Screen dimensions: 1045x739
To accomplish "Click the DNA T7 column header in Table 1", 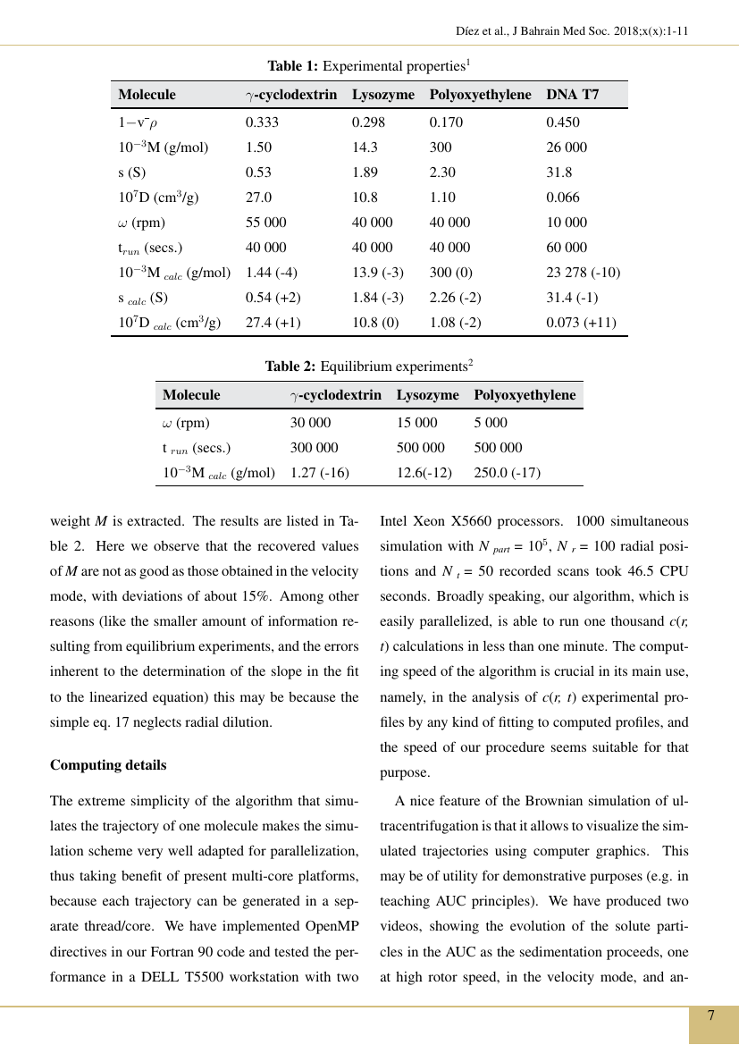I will (x=572, y=95).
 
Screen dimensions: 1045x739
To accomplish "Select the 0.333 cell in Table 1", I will (x=262, y=122).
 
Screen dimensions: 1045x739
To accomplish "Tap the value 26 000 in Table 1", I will (x=567, y=147).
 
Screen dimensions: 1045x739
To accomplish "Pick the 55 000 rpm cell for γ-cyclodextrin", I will (x=266, y=223).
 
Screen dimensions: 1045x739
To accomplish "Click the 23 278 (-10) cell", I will (x=583, y=273).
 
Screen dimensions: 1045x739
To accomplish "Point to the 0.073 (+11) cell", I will (x=581, y=323).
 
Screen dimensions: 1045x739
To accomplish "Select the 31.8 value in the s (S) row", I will (x=559, y=173).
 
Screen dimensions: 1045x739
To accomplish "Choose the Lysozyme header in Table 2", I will (x=427, y=395).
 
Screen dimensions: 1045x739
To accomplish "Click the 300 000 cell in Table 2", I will (x=315, y=448).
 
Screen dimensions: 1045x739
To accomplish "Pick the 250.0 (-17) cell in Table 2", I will (x=507, y=473).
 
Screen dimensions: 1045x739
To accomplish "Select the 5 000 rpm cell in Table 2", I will (x=491, y=423).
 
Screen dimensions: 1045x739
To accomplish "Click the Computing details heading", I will (x=108, y=765).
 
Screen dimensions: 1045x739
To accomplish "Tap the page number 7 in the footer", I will (x=711, y=1016).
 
